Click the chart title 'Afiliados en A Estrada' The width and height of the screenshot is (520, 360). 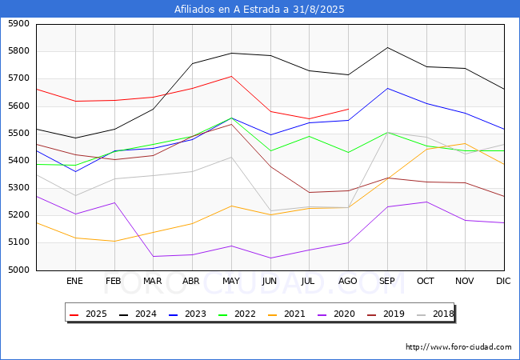tap(260, 10)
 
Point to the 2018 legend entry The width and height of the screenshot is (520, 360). tap(434, 314)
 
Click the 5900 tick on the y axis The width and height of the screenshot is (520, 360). tap(17, 24)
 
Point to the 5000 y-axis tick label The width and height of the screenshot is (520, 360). tap(17, 270)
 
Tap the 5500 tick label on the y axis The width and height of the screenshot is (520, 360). tap(17, 134)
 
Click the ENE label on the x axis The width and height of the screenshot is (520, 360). tap(74, 282)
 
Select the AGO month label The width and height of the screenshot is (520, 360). tap(348, 282)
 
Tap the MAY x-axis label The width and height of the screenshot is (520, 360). tap(230, 282)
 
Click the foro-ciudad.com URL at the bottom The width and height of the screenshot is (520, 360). tap(458, 347)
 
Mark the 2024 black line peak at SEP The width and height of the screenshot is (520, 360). tap(387, 47)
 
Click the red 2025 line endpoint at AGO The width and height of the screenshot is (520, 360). tap(348, 109)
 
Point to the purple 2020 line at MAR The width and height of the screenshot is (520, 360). tap(153, 256)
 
